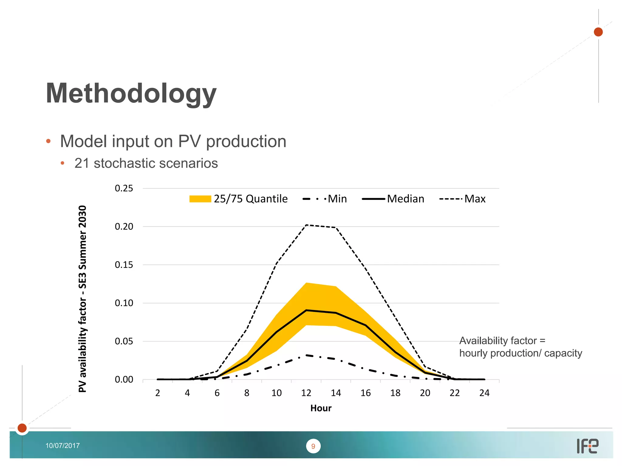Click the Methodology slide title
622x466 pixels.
point(131,93)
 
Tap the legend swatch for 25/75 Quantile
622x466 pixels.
point(200,199)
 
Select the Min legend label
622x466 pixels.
point(337,199)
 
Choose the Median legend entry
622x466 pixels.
point(405,199)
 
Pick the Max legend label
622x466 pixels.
point(475,199)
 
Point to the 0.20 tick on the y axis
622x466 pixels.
point(124,227)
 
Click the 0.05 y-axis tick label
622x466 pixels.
point(124,341)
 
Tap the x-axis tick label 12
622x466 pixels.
point(306,393)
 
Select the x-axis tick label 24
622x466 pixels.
point(484,393)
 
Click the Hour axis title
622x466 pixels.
point(321,408)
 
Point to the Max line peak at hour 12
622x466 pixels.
point(306,225)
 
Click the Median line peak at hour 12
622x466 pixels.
point(306,310)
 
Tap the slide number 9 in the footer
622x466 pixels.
point(313,446)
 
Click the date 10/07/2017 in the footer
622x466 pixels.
point(63,446)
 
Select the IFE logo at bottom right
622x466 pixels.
point(587,446)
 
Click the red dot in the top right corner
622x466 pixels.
point(598,32)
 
